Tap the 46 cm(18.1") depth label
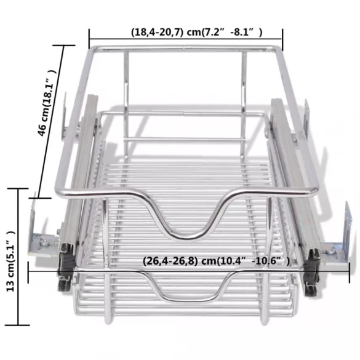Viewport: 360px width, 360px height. (x=47, y=103)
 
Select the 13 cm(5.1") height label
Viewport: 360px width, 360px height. (x=10, y=261)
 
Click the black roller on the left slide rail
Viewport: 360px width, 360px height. (x=66, y=268)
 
